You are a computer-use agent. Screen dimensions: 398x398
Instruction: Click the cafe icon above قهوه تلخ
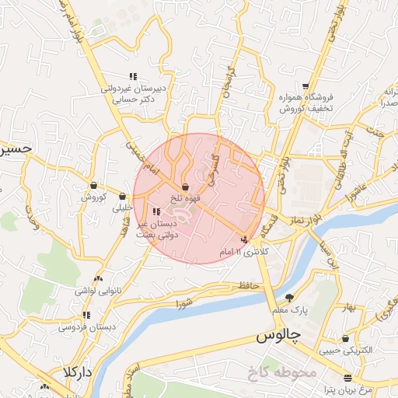pos(185,187)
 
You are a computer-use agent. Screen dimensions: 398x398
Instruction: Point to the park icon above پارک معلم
pos(290,298)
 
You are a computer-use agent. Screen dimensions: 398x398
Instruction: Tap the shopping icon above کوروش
pos(93,186)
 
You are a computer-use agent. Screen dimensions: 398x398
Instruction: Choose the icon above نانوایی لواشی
pos(97,278)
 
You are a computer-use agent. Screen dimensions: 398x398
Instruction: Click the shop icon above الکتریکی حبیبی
pos(345,339)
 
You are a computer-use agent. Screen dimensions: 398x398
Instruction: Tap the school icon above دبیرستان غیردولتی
pos(133,77)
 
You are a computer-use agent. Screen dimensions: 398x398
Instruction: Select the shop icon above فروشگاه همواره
pos(307,86)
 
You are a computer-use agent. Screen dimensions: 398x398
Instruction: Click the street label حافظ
pos(248,287)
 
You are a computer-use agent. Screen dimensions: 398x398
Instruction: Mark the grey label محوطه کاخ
pos(281,372)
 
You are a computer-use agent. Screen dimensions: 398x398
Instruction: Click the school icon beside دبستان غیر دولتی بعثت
pos(155,211)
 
